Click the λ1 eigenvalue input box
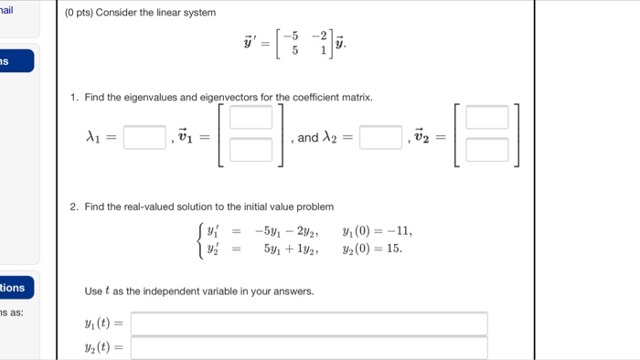click(x=144, y=138)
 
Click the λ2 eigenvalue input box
click(x=381, y=138)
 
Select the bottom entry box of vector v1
click(x=251, y=150)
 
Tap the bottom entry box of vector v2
click(x=487, y=150)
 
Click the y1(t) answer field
click(x=309, y=323)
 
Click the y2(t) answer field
click(x=309, y=347)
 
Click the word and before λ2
click(x=308, y=139)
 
